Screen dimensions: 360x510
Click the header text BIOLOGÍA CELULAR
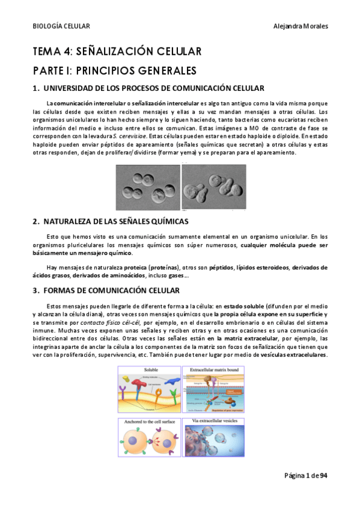coord(61,26)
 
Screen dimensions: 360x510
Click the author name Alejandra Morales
coord(300,26)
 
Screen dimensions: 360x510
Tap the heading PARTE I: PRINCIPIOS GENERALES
coord(115,70)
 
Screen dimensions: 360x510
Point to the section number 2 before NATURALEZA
coord(35,221)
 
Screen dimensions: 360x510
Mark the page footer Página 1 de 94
coord(306,475)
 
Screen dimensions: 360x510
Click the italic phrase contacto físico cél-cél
coord(108,324)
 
